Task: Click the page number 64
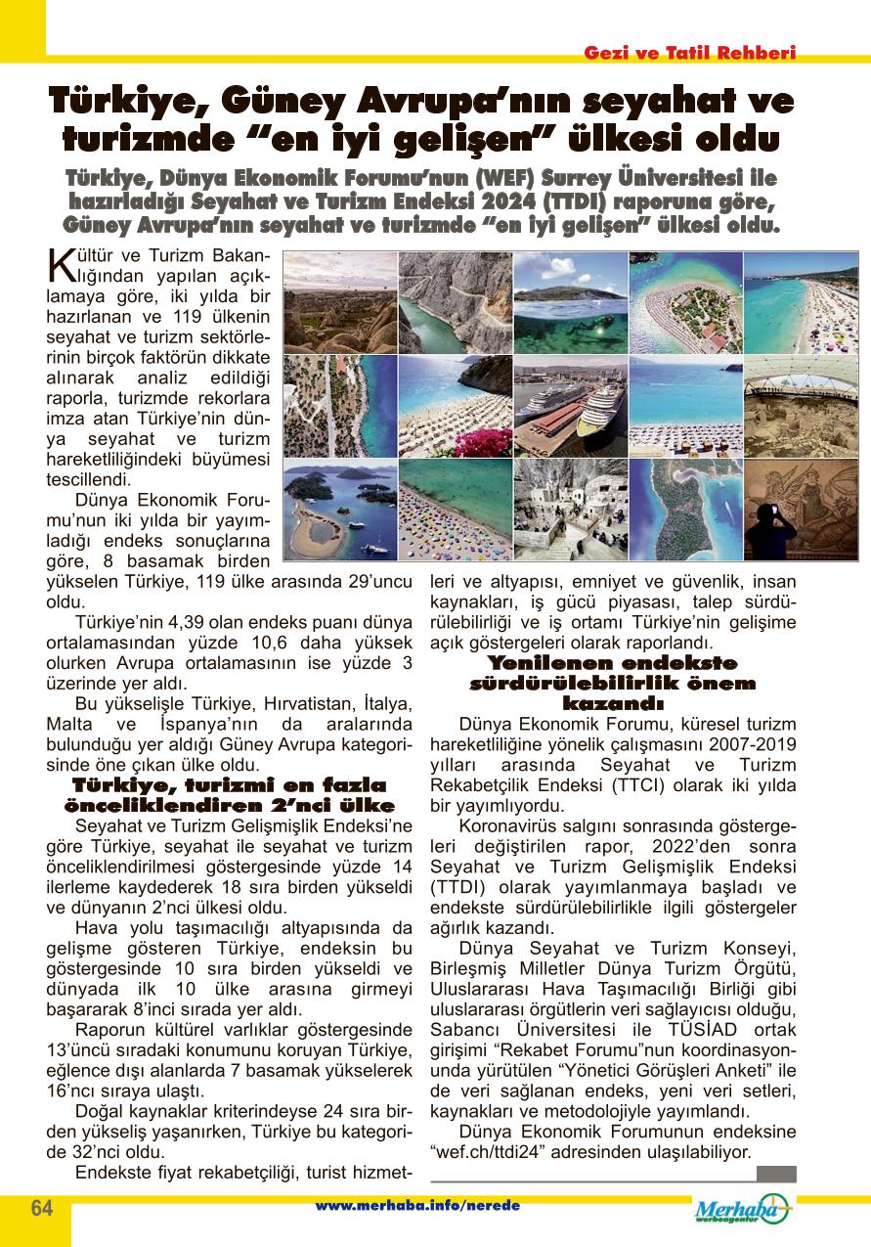(x=41, y=1207)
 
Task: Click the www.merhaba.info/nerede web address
(x=417, y=1206)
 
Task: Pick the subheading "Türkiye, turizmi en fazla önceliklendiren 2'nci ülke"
(x=229, y=795)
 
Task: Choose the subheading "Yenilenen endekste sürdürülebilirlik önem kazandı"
(x=613, y=683)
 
